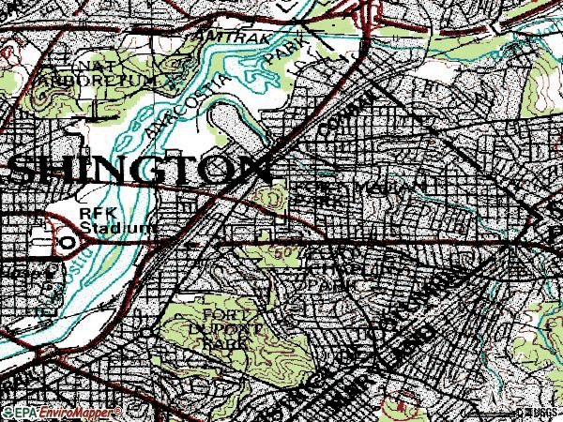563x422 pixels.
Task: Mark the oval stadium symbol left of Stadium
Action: [68, 241]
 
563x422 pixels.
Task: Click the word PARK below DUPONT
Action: [221, 344]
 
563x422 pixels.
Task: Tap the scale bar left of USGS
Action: [488, 411]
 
